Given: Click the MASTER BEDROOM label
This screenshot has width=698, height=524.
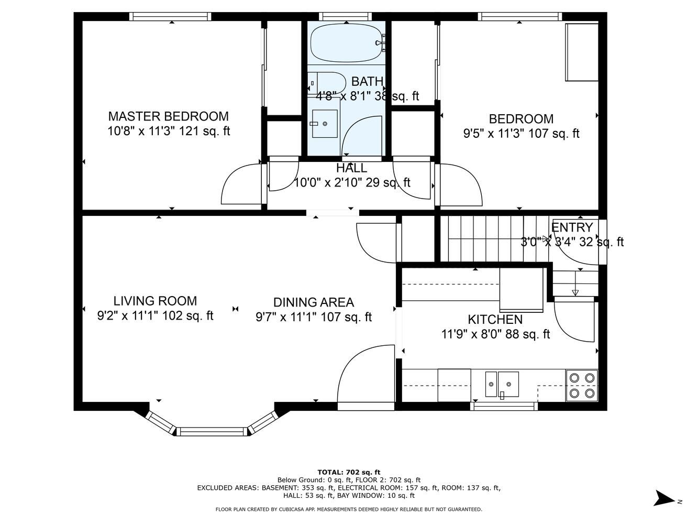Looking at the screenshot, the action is tap(168, 116).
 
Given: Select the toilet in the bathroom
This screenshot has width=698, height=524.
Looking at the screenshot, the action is tap(326, 83).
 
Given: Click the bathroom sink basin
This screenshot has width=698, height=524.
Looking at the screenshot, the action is tap(324, 124).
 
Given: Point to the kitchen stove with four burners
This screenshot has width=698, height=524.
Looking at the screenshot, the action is tap(582, 385).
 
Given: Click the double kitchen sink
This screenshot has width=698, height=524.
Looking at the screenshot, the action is tap(502, 384).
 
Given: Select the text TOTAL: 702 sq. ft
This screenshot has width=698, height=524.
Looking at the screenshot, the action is tap(349, 472).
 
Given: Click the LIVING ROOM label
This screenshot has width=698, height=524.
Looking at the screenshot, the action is tap(155, 301).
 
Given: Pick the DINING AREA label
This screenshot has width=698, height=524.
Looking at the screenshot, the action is tap(314, 302).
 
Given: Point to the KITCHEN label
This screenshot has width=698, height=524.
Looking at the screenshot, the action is tap(495, 319).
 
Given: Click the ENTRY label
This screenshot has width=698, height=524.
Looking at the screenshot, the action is tap(572, 227).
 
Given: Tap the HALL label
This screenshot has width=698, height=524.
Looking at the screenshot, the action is tap(352, 168).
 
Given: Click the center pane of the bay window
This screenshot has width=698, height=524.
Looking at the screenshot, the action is tap(212, 431).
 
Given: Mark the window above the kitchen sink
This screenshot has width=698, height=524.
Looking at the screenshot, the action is tap(504, 406).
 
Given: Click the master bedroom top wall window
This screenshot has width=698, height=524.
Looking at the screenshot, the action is tap(171, 17).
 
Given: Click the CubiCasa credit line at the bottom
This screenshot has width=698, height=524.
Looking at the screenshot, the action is tap(349, 509).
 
